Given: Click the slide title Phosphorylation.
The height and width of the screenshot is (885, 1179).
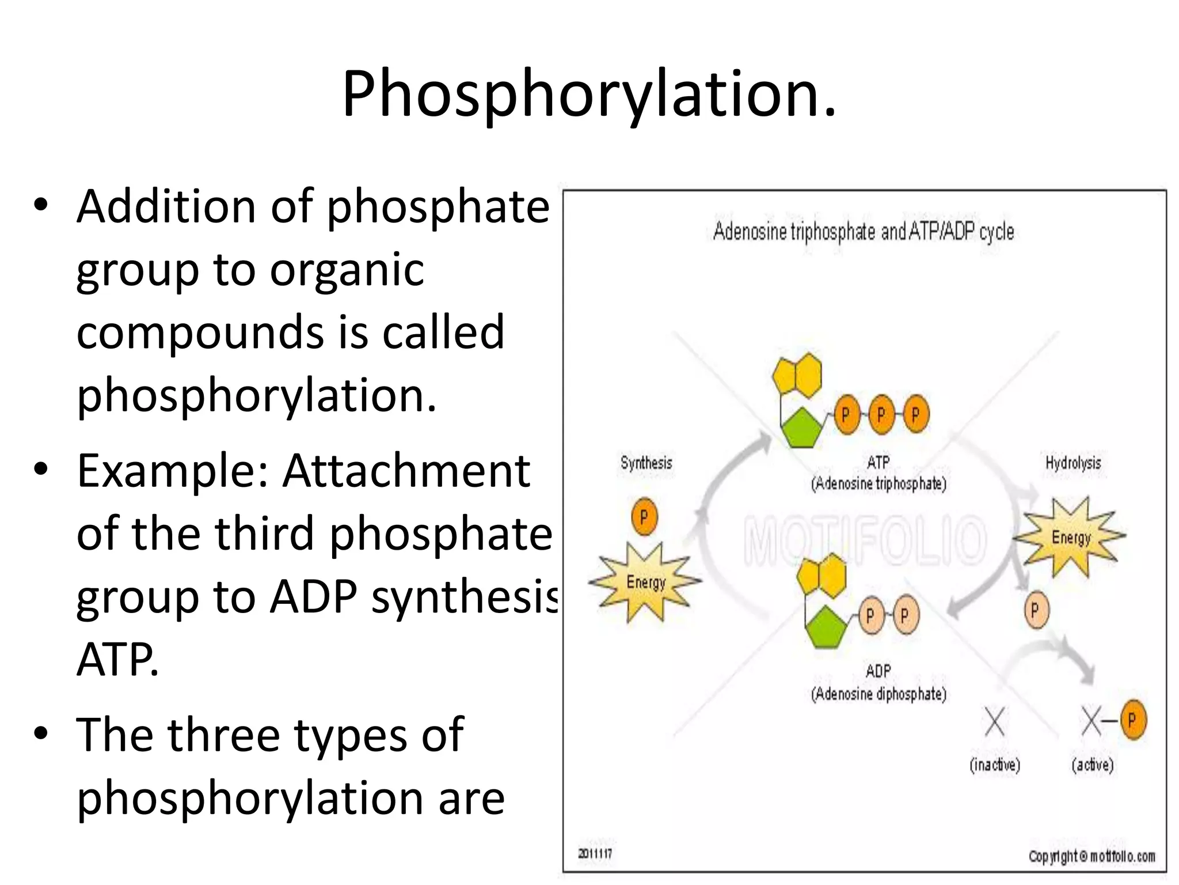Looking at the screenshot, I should click(589, 93).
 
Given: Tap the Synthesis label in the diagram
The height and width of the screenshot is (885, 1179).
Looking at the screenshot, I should click(646, 463).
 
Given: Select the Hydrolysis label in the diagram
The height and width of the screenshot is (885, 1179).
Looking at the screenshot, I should click(1072, 463).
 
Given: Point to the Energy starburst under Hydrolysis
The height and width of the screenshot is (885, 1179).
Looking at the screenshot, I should click(1070, 538).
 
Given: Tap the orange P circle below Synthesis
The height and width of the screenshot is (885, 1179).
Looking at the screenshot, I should click(644, 517).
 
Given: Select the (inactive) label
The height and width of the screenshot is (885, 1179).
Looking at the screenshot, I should click(994, 765).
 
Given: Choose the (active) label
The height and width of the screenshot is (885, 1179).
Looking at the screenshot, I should click(1092, 765).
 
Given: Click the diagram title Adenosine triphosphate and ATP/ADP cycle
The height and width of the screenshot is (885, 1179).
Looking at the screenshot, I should click(863, 232).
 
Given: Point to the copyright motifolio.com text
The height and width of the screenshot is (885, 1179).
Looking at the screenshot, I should click(1091, 857).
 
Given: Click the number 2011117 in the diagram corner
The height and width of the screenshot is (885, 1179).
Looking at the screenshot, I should click(595, 853).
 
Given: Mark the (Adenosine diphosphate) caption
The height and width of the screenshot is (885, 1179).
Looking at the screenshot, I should click(878, 694).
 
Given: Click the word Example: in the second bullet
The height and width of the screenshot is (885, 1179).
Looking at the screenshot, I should click(172, 471).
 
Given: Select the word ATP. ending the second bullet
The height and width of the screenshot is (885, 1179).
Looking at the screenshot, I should click(117, 660).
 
